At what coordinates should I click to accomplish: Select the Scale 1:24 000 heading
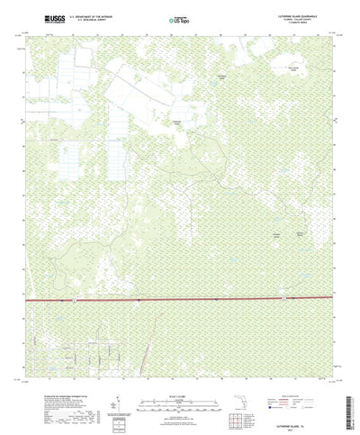177,376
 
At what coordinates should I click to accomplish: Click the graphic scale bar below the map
177,385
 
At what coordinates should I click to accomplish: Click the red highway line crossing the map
180,297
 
